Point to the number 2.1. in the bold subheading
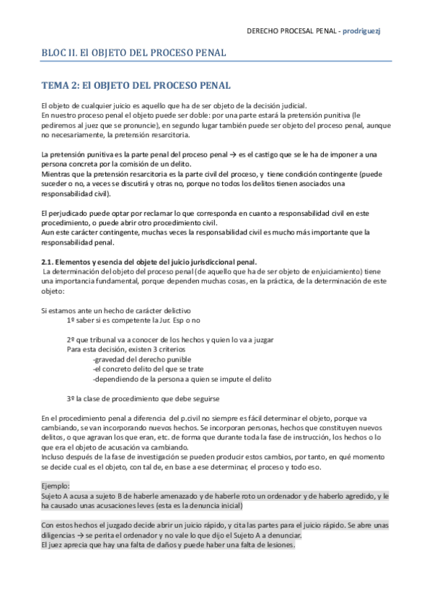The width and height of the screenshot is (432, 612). click(48, 261)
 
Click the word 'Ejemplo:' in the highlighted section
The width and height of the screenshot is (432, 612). click(56, 486)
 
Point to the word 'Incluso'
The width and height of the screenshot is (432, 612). click(53, 457)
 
